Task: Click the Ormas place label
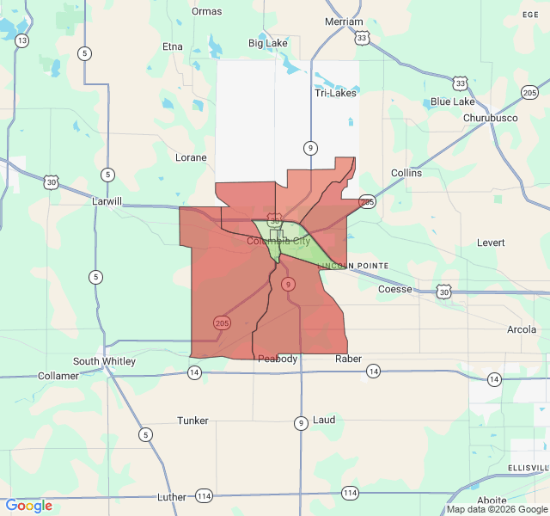(x=206, y=11)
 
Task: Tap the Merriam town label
(x=344, y=21)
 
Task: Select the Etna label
(x=172, y=46)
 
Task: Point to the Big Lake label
(x=267, y=43)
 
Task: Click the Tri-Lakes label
(x=335, y=93)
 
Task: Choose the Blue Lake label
(x=452, y=101)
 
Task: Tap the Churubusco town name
(x=493, y=117)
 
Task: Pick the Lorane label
(x=191, y=157)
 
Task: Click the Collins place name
(x=406, y=173)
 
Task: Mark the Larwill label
(x=108, y=201)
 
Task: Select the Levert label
(x=491, y=243)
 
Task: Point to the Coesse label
(x=394, y=289)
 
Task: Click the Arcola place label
(x=522, y=329)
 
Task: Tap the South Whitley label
(x=104, y=361)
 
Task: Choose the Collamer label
(x=58, y=376)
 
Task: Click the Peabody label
(x=278, y=359)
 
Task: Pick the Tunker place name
(x=192, y=421)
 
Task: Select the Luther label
(x=171, y=497)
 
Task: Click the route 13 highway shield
(x=21, y=40)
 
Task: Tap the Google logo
(x=28, y=506)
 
